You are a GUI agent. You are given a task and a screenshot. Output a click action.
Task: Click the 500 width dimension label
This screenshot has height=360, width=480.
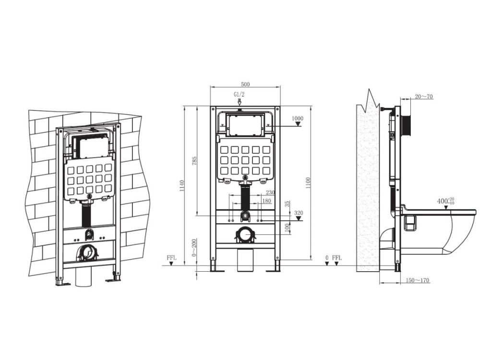(x=245, y=84)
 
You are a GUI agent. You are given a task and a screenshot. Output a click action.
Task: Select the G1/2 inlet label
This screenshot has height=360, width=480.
(x=240, y=95)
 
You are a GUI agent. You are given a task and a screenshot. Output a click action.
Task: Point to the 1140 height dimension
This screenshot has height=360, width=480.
(x=181, y=186)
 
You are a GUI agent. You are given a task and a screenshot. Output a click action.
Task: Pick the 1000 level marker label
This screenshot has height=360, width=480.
(x=298, y=118)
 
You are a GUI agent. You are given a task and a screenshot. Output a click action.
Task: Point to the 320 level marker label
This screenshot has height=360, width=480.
(x=298, y=213)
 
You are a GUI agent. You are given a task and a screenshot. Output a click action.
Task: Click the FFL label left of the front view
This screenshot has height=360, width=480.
(x=171, y=258)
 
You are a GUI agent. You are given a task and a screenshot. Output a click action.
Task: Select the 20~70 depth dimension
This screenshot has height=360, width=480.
(x=424, y=96)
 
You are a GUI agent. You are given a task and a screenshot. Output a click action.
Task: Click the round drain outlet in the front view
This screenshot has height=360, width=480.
(x=246, y=235)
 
